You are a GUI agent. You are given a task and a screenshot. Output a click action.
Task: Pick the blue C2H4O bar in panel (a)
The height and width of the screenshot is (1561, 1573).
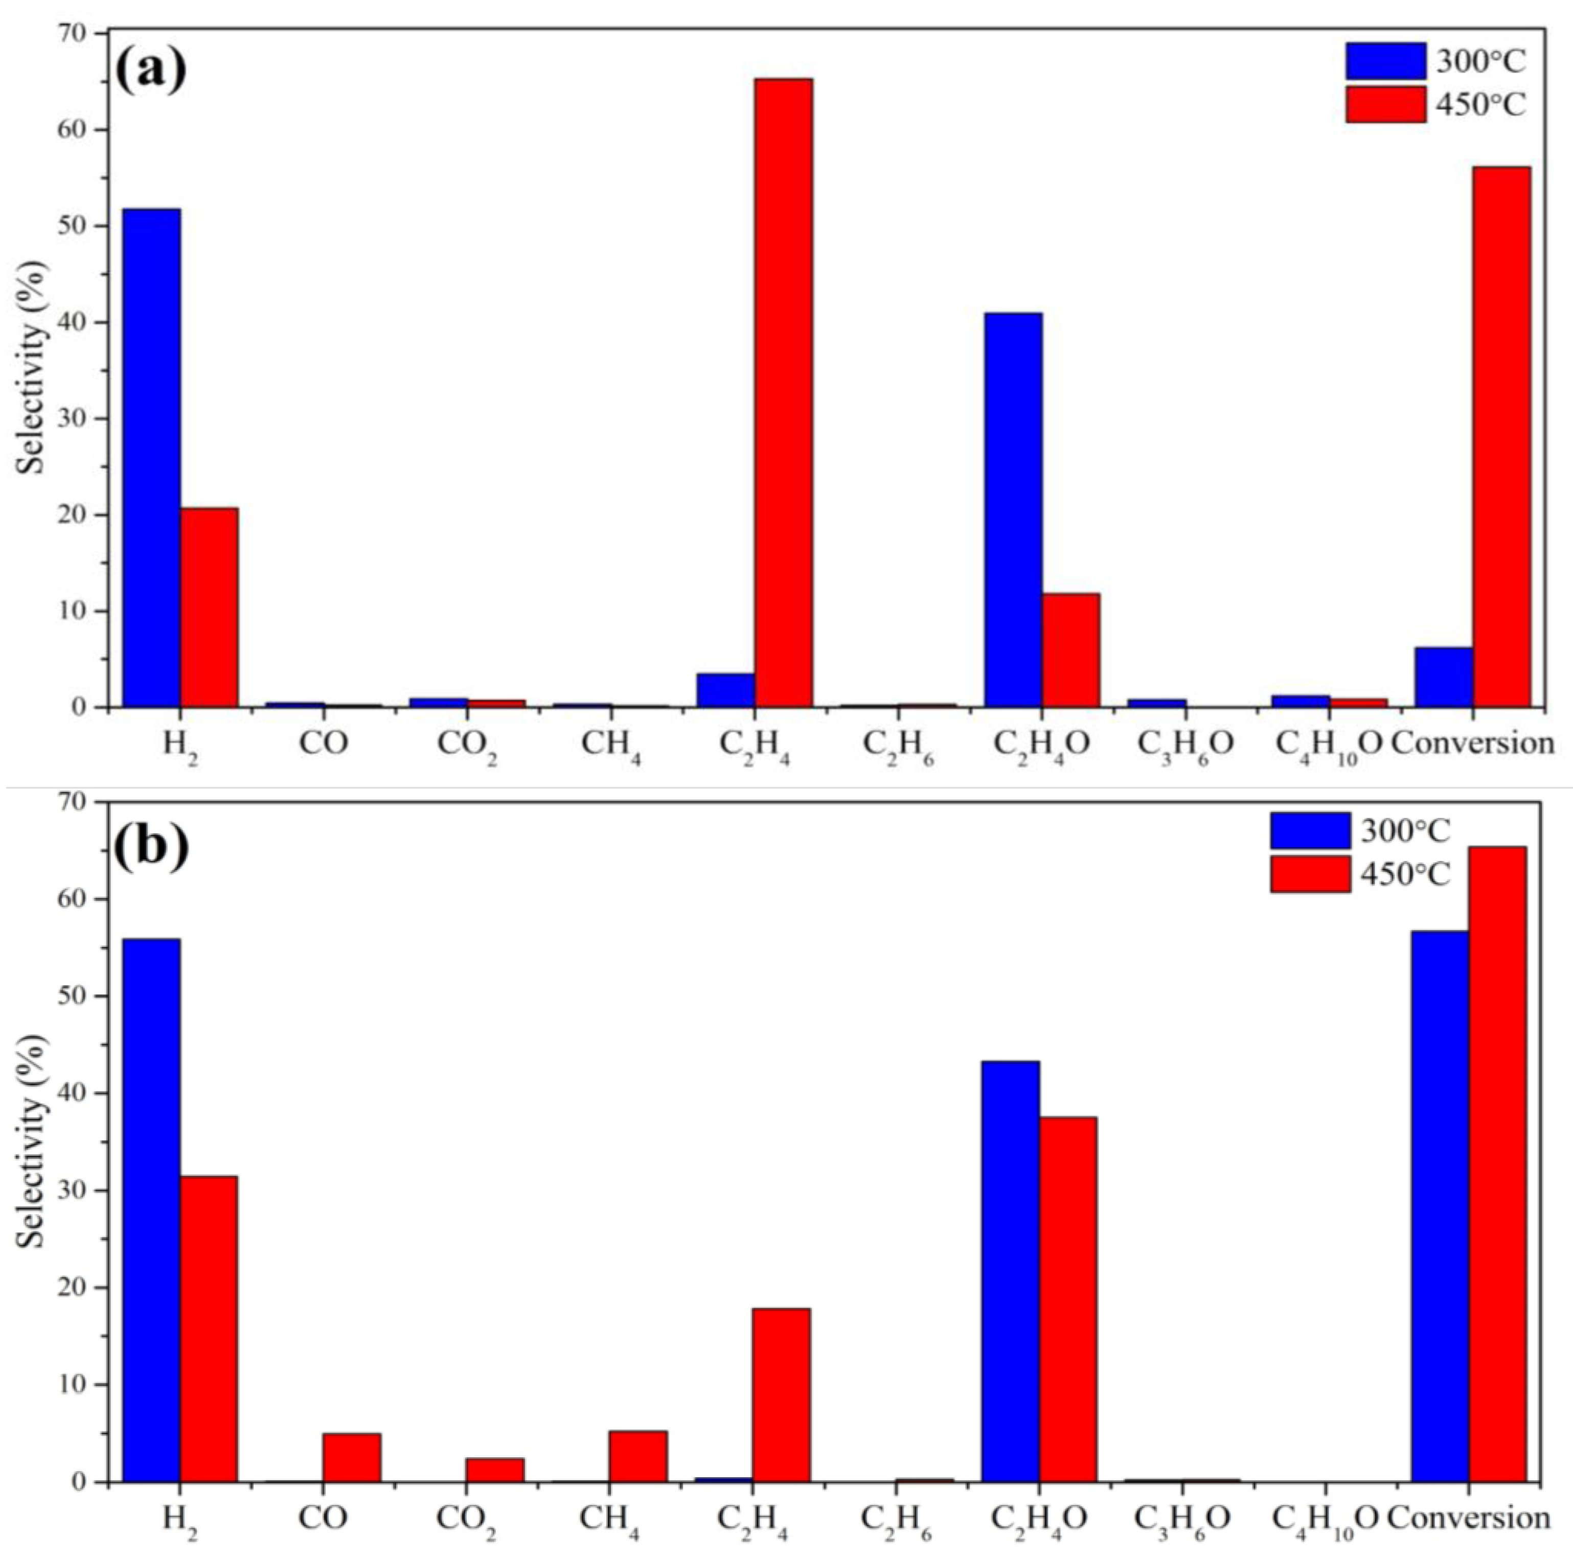point(1012,509)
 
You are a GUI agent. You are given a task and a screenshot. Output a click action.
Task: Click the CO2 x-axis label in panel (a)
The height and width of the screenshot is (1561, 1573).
point(467,744)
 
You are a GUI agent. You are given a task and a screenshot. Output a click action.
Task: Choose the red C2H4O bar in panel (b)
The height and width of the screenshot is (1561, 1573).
point(1067,1299)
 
